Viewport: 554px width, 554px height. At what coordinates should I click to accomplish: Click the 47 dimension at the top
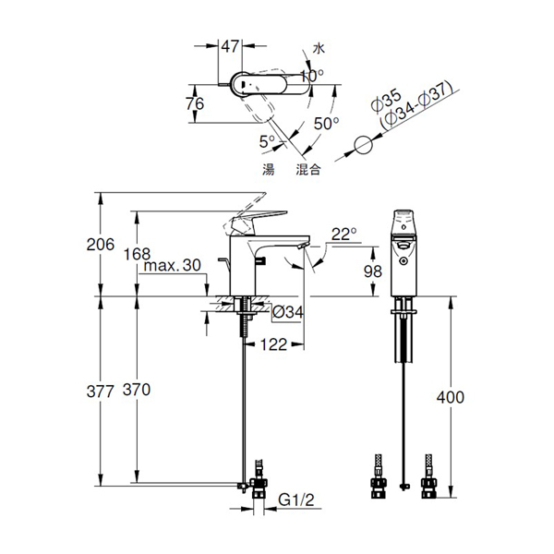click(x=230, y=46)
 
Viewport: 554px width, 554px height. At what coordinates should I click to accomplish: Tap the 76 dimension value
click(x=195, y=103)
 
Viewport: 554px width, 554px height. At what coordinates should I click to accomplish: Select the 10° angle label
click(x=312, y=76)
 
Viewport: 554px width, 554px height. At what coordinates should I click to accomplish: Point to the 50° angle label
click(x=327, y=124)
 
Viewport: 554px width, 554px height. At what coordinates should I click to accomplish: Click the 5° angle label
click(x=267, y=141)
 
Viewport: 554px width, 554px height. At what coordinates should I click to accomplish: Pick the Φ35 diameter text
click(x=387, y=101)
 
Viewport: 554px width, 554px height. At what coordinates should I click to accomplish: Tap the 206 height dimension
click(x=101, y=245)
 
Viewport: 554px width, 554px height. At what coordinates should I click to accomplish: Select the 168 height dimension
click(x=137, y=254)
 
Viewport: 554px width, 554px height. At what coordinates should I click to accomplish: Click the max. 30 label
click(x=172, y=265)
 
